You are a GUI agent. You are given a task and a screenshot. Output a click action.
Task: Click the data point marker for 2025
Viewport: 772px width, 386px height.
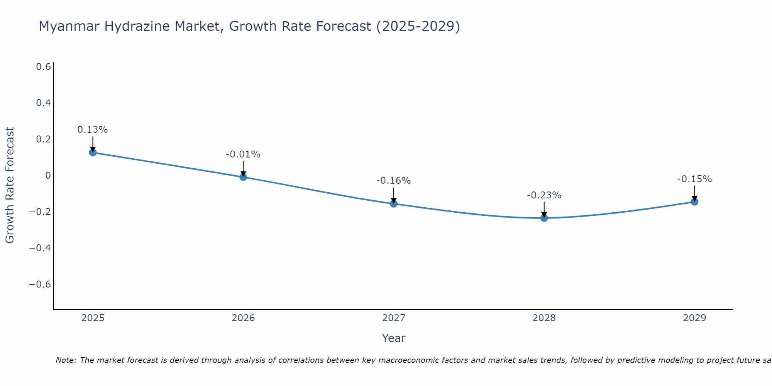93,152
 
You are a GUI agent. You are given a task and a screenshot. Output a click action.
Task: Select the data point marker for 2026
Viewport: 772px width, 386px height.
243,177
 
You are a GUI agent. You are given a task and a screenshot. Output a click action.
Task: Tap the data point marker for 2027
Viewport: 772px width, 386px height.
394,203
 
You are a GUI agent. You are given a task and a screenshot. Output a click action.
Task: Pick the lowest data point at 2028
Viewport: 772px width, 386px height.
544,218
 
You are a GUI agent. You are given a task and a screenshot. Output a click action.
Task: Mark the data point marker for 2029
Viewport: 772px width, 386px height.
694,201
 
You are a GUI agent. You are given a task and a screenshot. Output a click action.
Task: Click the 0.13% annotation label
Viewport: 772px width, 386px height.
93,130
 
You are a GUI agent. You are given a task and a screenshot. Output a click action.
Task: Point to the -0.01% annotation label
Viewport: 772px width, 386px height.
243,154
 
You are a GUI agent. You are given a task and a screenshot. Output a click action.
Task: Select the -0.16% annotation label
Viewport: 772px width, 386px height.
393,181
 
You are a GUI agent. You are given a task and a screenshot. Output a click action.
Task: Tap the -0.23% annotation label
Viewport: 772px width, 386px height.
544,195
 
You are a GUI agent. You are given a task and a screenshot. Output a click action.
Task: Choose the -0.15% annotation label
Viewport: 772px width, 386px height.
694,179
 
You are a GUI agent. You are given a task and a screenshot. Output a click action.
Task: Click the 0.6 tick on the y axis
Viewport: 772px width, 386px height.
43,67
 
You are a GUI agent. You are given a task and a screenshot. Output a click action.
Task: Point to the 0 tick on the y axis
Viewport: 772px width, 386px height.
48,176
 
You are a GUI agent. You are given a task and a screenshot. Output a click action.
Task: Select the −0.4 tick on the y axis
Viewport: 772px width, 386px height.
40,248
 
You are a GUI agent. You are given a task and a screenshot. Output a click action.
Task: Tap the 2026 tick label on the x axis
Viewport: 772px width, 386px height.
243,318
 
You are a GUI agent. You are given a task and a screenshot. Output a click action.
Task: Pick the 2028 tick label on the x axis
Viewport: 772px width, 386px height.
544,318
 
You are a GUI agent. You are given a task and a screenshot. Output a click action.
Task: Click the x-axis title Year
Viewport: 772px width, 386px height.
393,338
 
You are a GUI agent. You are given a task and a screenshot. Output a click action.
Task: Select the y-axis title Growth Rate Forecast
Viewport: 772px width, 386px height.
10,185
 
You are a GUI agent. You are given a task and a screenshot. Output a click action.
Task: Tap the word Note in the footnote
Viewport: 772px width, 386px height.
66,361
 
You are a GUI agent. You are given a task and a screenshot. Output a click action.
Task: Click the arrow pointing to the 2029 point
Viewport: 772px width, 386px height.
694,193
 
